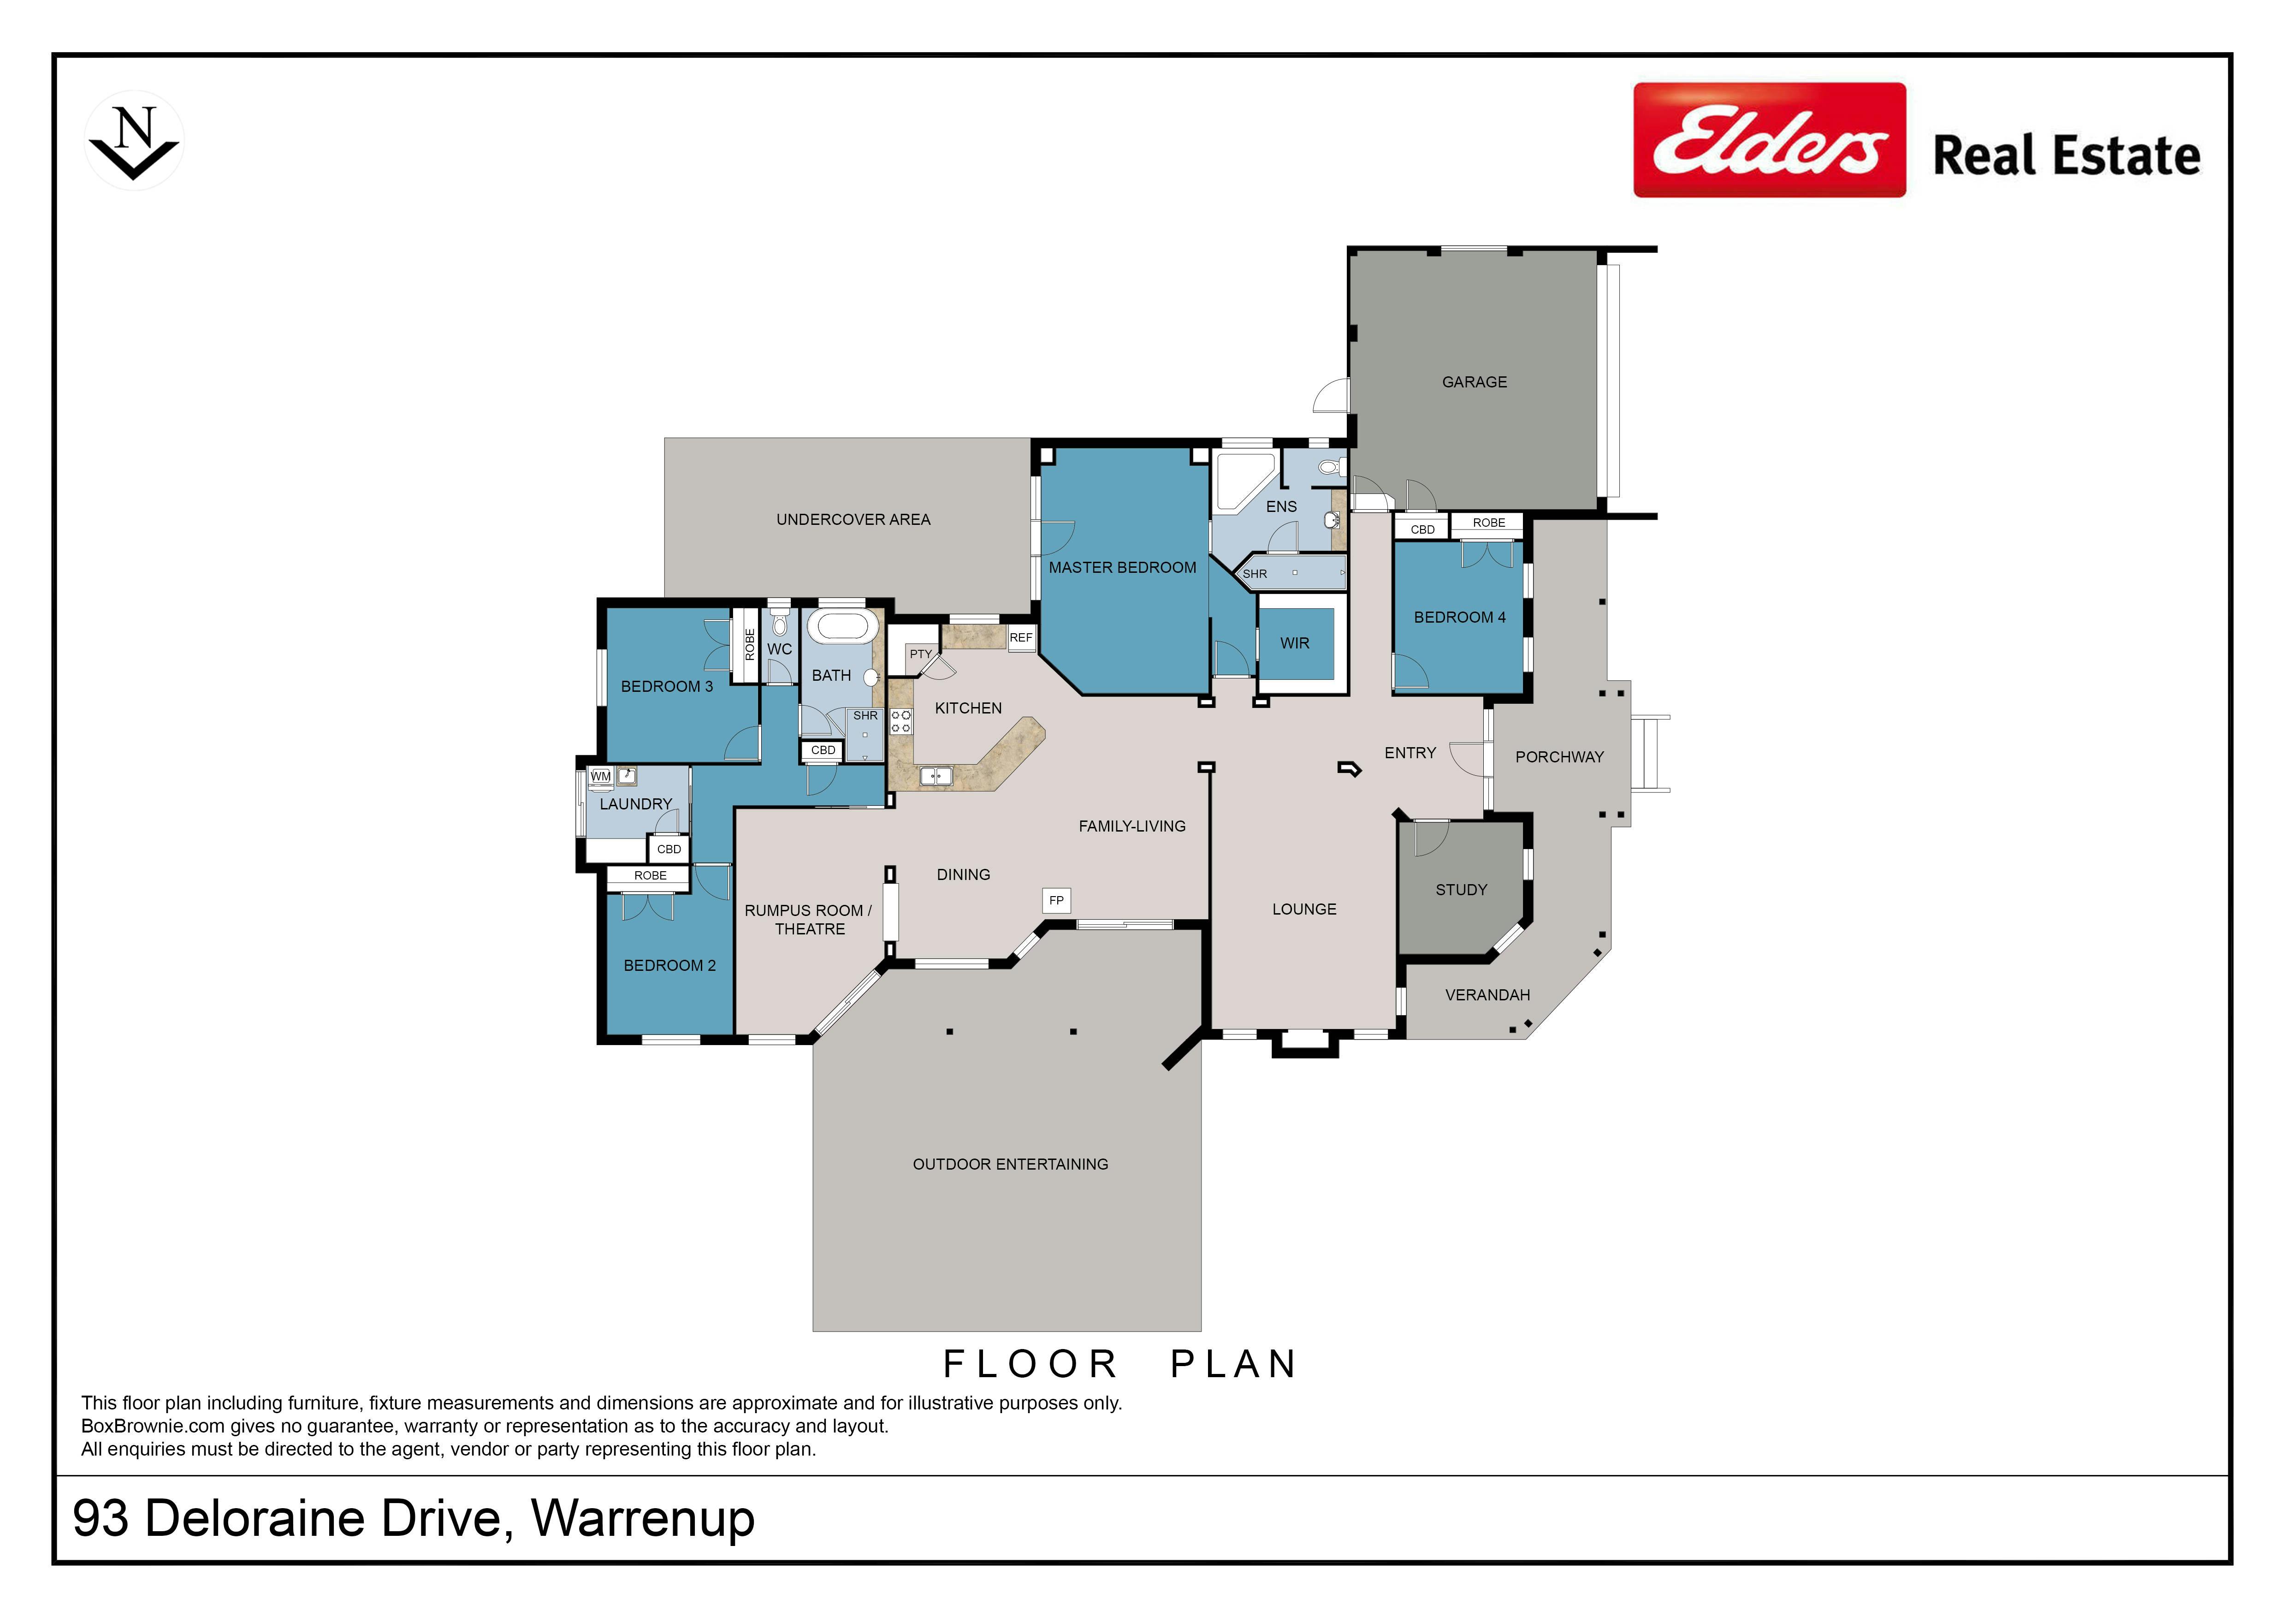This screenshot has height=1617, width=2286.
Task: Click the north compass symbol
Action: [x=135, y=140]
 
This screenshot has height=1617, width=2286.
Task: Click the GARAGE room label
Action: [x=1475, y=382]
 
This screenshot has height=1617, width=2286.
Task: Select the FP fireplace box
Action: [x=1056, y=900]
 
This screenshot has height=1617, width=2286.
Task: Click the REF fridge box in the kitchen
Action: [x=1022, y=637]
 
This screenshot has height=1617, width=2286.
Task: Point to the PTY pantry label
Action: [x=921, y=654]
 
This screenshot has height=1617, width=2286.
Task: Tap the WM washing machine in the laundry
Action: [x=600, y=776]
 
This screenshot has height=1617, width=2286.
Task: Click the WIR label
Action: [x=1294, y=643]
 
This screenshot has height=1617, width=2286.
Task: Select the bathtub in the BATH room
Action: [x=842, y=627]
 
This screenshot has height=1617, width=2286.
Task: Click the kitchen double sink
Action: [x=936, y=775]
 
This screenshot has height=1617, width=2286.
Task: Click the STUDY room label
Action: [x=1461, y=890]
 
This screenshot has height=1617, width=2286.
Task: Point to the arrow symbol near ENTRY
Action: [x=1349, y=769]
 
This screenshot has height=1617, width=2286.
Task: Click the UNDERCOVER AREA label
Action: [x=853, y=520]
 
